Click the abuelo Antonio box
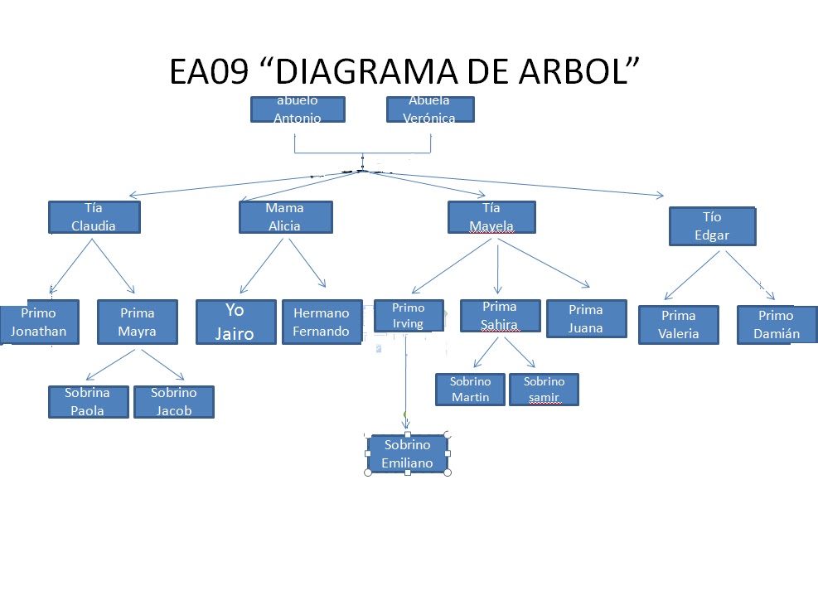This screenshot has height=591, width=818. tap(298, 109)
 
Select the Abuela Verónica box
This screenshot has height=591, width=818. tap(430, 109)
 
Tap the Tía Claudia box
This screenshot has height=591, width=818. tap(94, 217)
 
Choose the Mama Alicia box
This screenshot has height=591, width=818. tap(285, 217)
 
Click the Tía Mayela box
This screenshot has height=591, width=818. tap(491, 217)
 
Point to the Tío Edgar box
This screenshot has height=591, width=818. tap(713, 226)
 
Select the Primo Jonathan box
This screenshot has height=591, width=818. tap(39, 322)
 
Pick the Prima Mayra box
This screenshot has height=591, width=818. tap(138, 322)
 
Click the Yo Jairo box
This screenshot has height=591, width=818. tap(235, 322)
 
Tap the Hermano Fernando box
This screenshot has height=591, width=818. tap(322, 322)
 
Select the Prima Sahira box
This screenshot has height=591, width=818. tap(500, 316)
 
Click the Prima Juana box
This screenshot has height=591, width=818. tap(586, 319)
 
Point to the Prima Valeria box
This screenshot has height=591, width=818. tap(679, 325)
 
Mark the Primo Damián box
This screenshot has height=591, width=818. tap(777, 325)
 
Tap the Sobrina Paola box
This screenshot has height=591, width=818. tap(88, 402)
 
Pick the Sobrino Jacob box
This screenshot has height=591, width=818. tap(174, 402)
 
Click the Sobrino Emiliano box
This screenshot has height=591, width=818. tap(408, 454)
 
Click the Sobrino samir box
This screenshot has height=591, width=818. tap(544, 390)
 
